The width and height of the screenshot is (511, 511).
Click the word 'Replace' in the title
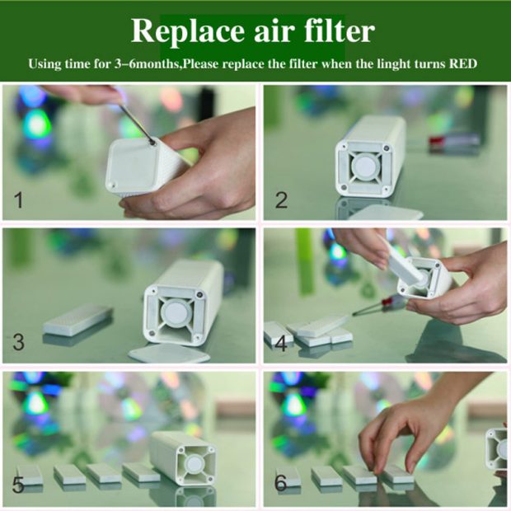pyautogui.click(x=187, y=31)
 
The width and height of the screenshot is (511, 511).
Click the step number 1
pyautogui.click(x=19, y=199)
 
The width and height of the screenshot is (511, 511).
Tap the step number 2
pyautogui.click(x=281, y=199)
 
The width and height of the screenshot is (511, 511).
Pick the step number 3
pyautogui.click(x=18, y=342)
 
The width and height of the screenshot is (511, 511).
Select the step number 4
pyautogui.click(x=281, y=343)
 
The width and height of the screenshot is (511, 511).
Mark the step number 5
pyautogui.click(x=18, y=485)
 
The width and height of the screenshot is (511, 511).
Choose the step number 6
pyautogui.click(x=280, y=483)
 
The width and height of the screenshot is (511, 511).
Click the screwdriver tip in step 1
pyautogui.click(x=152, y=142)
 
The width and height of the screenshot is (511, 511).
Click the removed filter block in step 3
pyautogui.click(x=78, y=320)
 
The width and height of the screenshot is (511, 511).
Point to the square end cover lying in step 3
pyautogui.click(x=170, y=354)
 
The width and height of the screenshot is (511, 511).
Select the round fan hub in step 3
pyautogui.click(x=177, y=313)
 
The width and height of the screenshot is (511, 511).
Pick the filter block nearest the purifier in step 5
pyautogui.click(x=141, y=472)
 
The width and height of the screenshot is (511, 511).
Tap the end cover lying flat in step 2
pyautogui.click(x=386, y=212)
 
